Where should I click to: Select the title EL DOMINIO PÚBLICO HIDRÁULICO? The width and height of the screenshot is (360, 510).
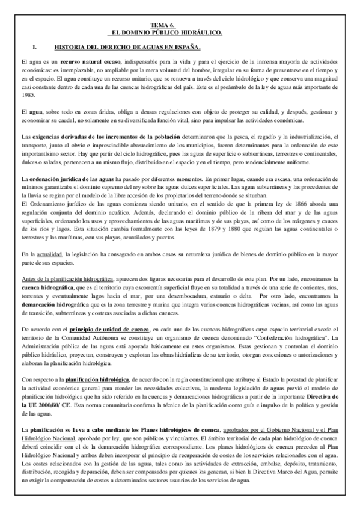point(180,34)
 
